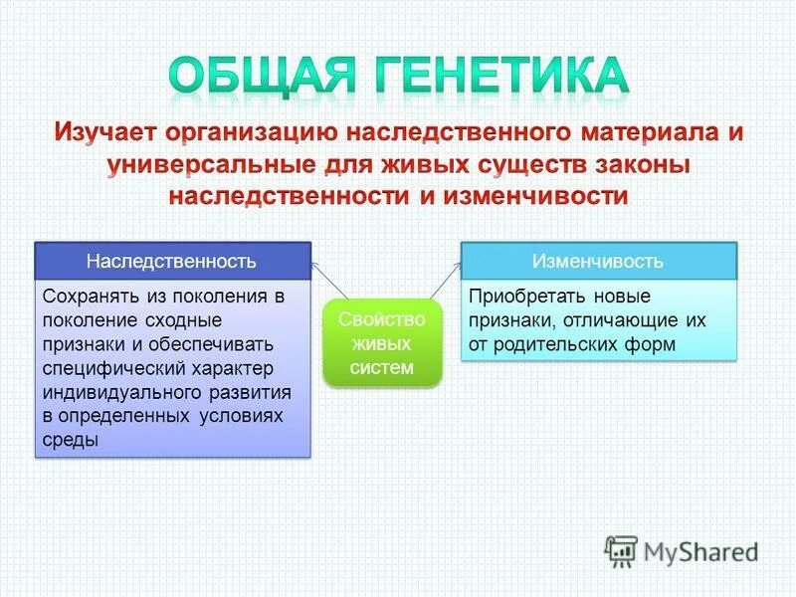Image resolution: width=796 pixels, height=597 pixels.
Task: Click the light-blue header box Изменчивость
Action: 597,261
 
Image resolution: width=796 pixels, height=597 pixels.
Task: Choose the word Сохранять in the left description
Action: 88,297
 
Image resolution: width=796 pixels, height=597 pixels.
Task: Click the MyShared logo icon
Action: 622,550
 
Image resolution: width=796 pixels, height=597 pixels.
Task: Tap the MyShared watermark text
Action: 700,551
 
